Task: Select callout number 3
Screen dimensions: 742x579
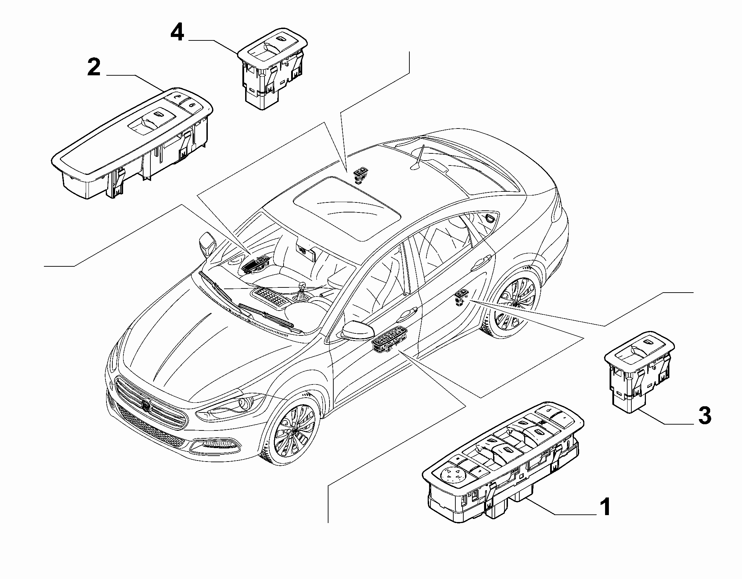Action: pos(704,416)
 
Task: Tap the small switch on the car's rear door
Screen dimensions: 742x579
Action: pos(461,297)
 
